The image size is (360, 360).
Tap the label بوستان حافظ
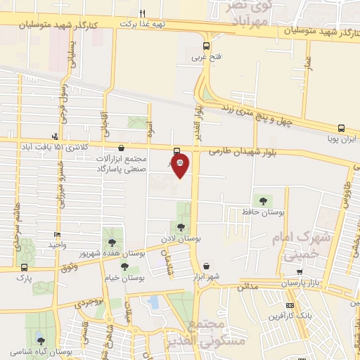coord(262,211)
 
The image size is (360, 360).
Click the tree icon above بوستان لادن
coord(182,226)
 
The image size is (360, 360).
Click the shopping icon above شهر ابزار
coord(206,266)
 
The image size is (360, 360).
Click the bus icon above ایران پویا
coord(341,129)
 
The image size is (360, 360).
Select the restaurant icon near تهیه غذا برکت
coord(143,13)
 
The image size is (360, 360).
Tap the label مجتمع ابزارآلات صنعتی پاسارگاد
coord(124,165)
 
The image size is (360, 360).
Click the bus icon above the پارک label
coord(25,267)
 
